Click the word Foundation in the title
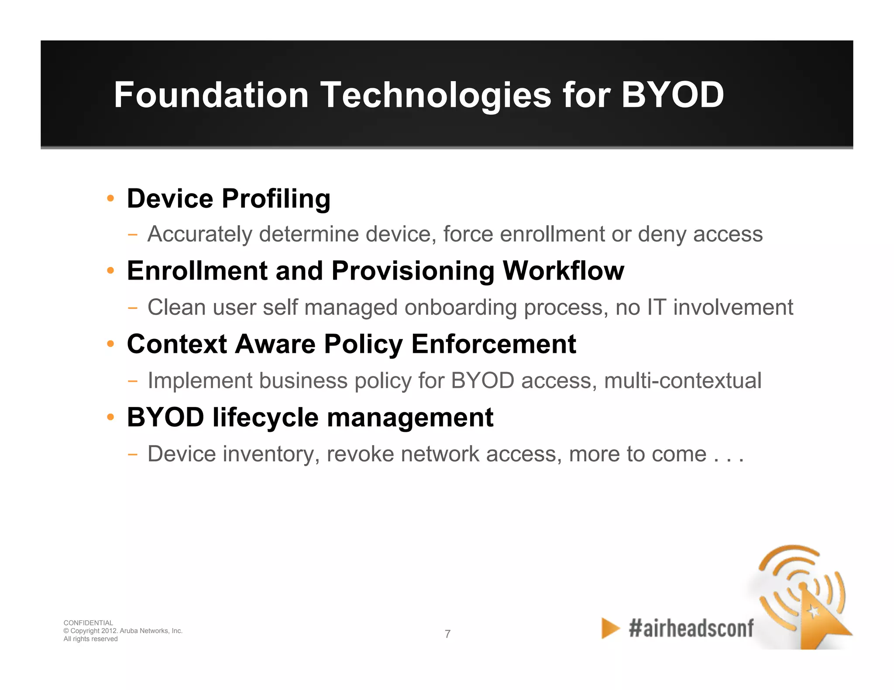[211, 95]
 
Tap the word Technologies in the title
[436, 95]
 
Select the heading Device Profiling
[228, 199]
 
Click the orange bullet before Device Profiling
[110, 199]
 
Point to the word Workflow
[564, 271]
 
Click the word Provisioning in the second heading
[413, 271]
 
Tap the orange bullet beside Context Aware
[110, 344]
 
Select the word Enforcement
[494, 344]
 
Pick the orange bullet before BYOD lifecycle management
[110, 417]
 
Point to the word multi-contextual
[683, 380]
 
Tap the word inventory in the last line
[268, 454]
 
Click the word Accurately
[199, 234]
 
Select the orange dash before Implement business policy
[133, 381]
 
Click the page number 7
[447, 634]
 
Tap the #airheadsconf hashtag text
[691, 629]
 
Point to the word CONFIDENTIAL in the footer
[88, 623]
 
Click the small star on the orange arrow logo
[813, 611]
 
